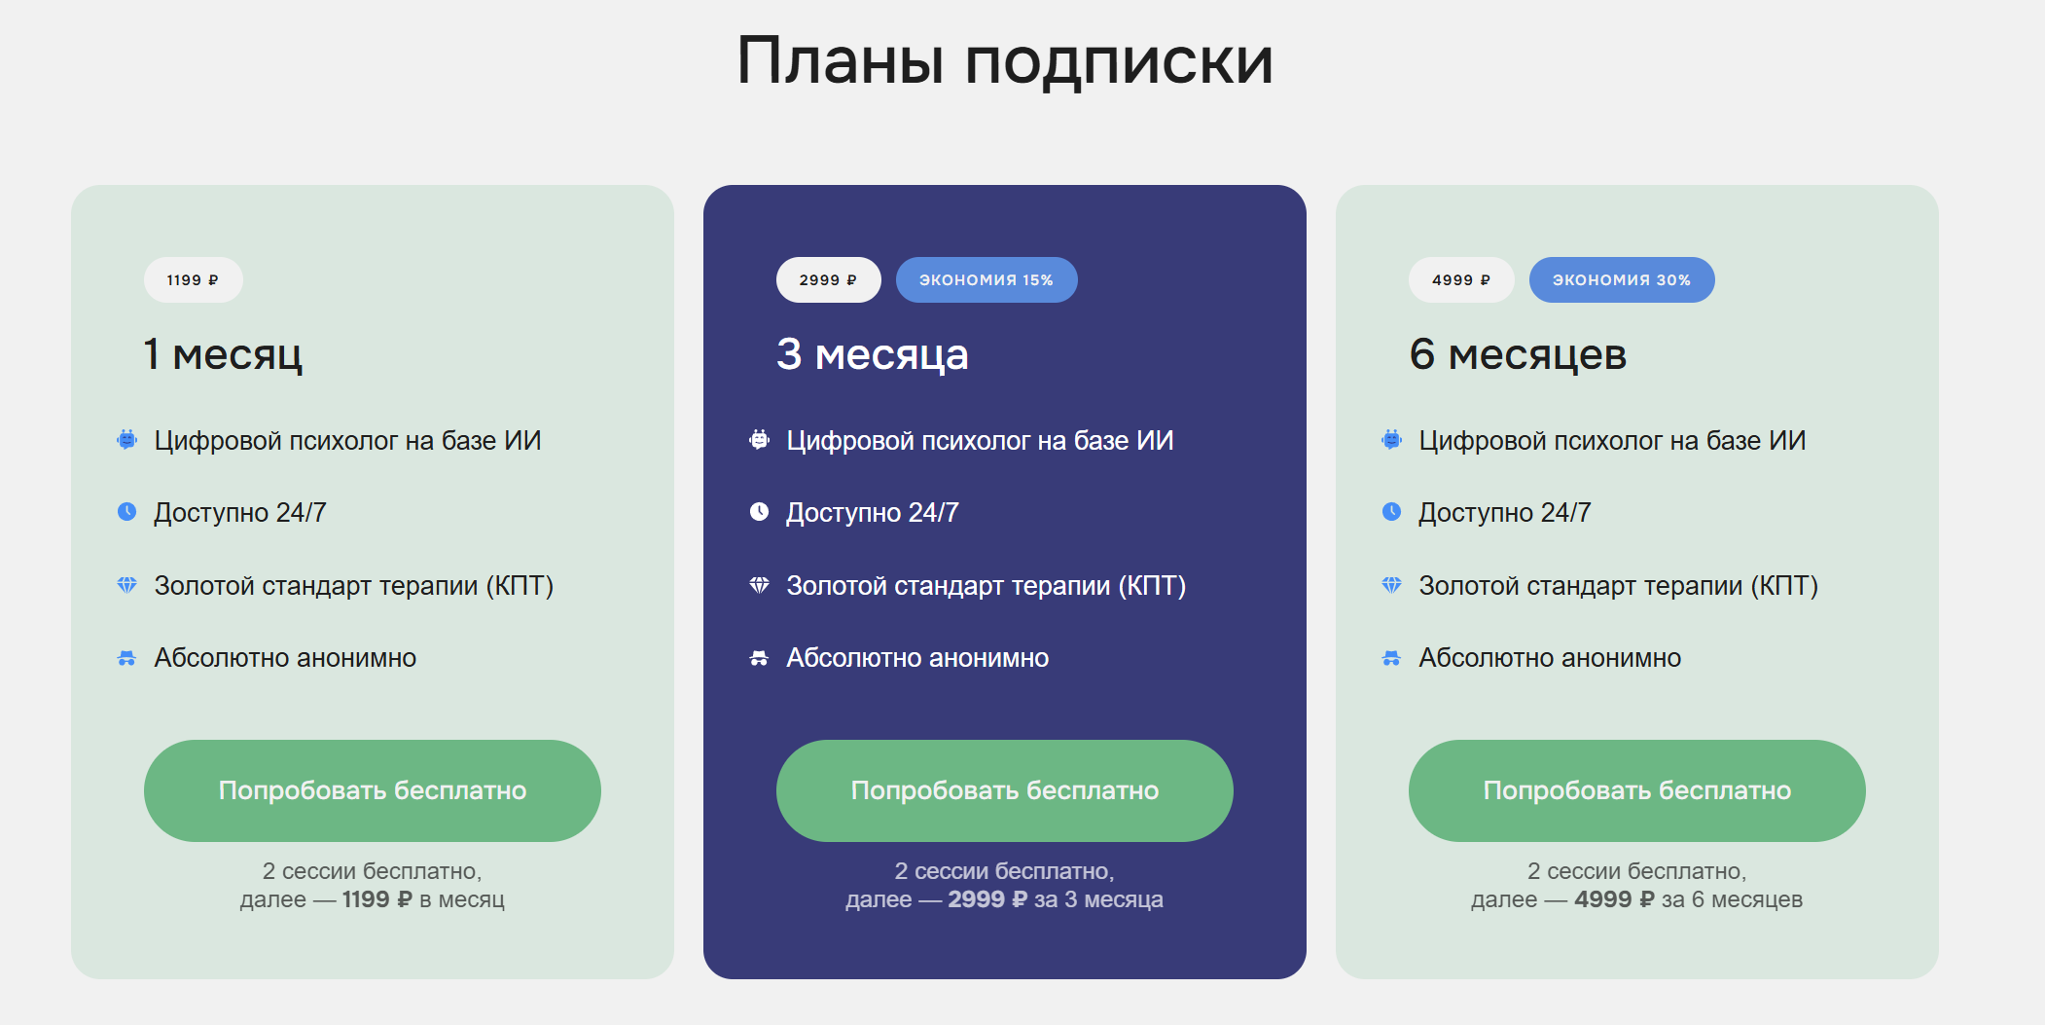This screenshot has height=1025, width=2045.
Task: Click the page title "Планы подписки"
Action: pos(1005,61)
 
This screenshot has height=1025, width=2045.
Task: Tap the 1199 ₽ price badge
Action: pos(193,280)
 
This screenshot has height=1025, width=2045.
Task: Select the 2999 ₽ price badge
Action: pos(828,280)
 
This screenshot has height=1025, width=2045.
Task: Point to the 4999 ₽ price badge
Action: pos(1460,280)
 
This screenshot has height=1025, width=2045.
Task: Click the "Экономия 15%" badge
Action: pos(987,280)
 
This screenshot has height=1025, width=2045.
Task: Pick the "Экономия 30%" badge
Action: pos(1622,280)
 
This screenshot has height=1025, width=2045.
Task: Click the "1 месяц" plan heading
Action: pos(223,354)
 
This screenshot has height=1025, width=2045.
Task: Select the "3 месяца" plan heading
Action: pos(873,354)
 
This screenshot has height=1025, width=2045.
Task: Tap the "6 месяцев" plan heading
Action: pos(1518,354)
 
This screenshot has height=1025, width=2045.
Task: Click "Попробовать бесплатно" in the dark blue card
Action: pos(1005,790)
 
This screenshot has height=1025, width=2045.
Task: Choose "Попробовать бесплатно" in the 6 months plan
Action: pos(1637,790)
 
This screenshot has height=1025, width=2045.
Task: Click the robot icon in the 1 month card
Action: pos(126,440)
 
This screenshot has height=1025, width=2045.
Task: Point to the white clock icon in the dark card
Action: pos(759,512)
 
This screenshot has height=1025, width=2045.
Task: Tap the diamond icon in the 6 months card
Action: pos(1391,585)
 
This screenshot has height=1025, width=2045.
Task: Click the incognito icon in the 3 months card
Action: pos(759,659)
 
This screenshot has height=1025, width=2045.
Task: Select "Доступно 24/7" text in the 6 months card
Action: pos(1504,513)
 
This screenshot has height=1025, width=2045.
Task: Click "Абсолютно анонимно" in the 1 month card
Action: pos(285,658)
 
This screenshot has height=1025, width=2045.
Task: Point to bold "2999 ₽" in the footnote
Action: pos(987,899)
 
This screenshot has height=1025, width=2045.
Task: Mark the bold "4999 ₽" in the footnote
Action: pos(1614,899)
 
